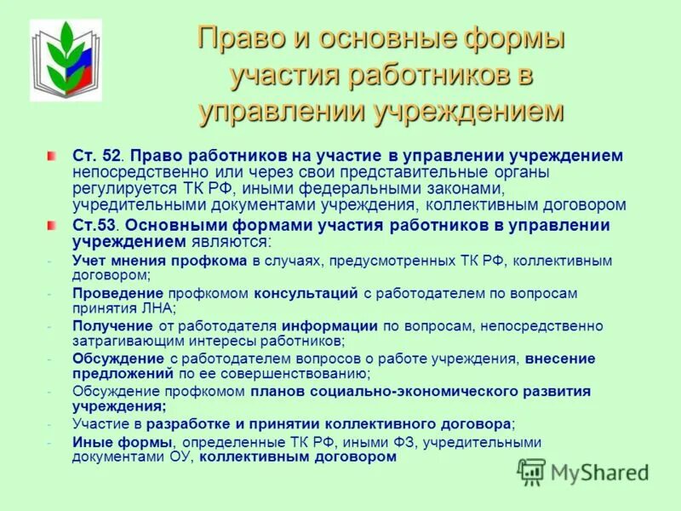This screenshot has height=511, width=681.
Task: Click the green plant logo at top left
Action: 65,60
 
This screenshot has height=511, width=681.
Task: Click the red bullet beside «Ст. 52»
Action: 53,156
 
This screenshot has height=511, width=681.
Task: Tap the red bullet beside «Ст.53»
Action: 53,225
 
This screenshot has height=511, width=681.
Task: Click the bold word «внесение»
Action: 560,359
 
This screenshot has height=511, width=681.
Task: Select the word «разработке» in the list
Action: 184,423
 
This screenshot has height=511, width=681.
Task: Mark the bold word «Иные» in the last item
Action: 90,442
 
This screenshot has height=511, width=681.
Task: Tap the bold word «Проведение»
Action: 111,293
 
